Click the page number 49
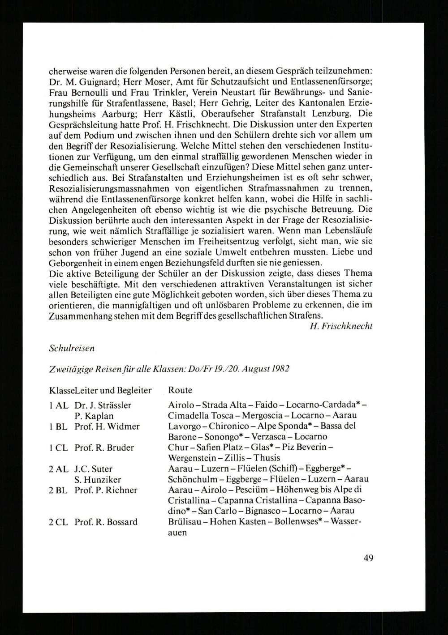(x=368, y=558)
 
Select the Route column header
(x=180, y=390)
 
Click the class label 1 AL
(x=58, y=405)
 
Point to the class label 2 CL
(x=59, y=522)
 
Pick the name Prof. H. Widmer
(x=107, y=426)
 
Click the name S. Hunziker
(x=94, y=479)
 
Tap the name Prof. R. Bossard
(x=106, y=522)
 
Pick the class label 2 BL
(x=58, y=490)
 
